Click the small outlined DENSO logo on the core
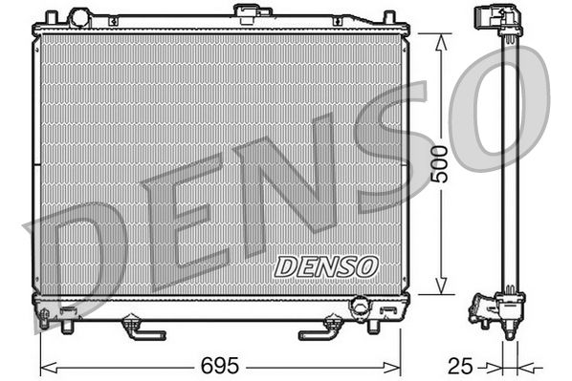[326, 266]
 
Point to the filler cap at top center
[251, 13]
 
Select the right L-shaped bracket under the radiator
[319, 329]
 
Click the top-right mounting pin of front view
[389, 17]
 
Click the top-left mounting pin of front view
[50, 17]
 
